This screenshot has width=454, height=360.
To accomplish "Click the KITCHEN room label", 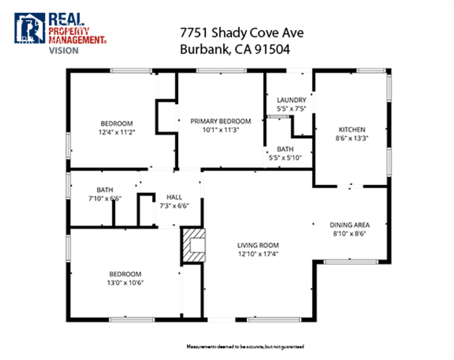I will (352, 130).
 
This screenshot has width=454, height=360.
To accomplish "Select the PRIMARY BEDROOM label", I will (220, 121).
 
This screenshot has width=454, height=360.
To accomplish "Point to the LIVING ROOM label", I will (258, 245).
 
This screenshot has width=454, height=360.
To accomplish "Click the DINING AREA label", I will (350, 225).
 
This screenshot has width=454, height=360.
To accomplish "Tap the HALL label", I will (174, 197).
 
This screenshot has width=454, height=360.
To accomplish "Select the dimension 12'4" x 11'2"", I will (117, 132).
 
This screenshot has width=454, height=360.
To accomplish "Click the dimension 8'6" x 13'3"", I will (352, 138).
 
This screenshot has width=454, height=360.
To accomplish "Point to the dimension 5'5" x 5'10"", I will (285, 158).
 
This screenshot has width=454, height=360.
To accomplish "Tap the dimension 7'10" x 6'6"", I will (105, 198).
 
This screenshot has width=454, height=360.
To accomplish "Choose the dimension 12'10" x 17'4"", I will (258, 253).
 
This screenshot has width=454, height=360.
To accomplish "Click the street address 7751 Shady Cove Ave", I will (242, 33).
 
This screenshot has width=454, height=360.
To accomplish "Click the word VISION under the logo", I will (64, 50).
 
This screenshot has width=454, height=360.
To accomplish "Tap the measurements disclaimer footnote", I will (245, 347).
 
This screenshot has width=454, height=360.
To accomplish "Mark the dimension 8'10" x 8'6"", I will (350, 233).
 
